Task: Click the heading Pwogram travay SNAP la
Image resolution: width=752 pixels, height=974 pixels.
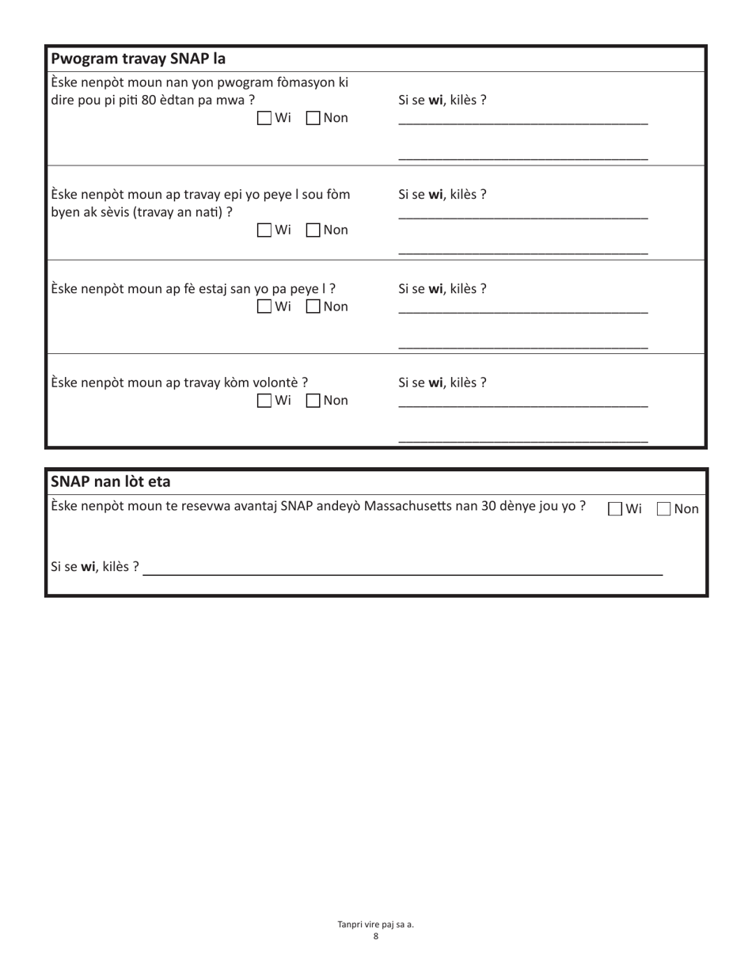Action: point(138,59)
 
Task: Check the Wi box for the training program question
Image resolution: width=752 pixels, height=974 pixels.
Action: point(265,119)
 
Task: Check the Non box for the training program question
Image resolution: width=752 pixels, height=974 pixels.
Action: point(313,119)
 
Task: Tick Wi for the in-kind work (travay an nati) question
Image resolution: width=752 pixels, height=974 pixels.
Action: point(265,230)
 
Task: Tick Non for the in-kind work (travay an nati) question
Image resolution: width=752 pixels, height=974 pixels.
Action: point(313,230)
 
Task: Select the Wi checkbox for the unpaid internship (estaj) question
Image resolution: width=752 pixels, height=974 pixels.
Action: point(265,306)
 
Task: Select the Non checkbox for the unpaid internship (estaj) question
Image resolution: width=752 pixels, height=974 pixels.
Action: point(313,306)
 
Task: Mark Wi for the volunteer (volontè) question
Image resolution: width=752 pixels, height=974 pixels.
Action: point(265,401)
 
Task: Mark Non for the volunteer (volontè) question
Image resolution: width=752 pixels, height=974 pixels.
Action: point(313,401)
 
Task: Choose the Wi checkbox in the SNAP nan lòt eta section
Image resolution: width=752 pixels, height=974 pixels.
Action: point(615,509)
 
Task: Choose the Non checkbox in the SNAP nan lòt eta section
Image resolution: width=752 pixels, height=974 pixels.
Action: point(664,509)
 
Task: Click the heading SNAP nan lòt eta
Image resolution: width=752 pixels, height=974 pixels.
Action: point(110,481)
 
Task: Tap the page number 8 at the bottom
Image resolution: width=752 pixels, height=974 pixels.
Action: point(376,936)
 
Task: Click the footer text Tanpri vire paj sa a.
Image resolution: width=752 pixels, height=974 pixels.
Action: point(376,924)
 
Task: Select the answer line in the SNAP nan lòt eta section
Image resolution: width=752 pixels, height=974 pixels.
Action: point(402,570)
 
